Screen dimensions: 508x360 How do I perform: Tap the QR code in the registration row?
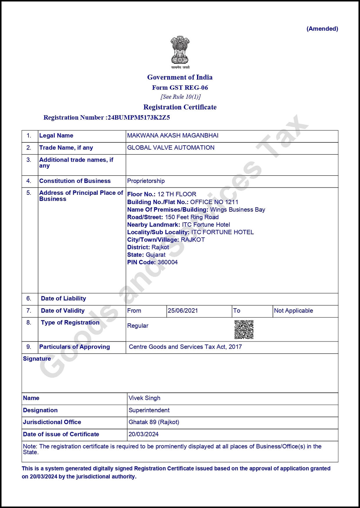(x=244, y=329)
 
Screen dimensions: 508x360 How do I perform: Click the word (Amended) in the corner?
(x=322, y=29)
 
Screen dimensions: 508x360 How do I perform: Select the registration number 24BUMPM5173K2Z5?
(x=139, y=118)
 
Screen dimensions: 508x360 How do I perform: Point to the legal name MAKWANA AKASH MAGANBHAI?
(x=173, y=136)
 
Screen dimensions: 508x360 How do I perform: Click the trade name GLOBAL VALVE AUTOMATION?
(x=171, y=148)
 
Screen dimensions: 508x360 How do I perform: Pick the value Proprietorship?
(x=146, y=181)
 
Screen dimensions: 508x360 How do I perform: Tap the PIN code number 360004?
(x=168, y=262)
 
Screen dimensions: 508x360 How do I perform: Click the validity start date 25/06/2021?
(x=183, y=311)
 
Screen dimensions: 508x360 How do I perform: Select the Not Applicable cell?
(x=294, y=311)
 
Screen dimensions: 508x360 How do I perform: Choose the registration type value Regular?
(x=138, y=326)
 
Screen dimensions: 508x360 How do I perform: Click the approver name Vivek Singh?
(x=144, y=398)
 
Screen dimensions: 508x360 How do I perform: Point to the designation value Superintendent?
(x=149, y=410)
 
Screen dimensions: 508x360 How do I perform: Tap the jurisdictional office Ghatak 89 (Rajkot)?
(x=154, y=422)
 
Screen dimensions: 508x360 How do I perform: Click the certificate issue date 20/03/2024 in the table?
(x=143, y=434)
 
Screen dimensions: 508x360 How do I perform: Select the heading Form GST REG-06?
(x=180, y=88)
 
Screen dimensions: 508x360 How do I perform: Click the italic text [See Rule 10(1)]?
(x=180, y=97)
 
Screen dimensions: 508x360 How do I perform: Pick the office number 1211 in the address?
(x=232, y=202)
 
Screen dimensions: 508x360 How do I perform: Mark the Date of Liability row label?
(x=63, y=298)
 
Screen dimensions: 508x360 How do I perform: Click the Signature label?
(x=37, y=359)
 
